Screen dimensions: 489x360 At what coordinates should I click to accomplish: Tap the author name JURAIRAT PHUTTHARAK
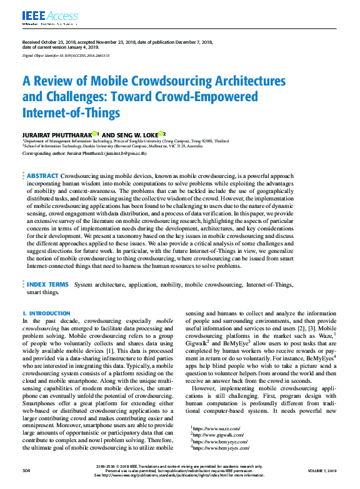(x=56, y=134)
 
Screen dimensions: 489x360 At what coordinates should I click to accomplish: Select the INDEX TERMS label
(x=47, y=284)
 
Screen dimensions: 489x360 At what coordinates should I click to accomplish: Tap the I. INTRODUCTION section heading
(x=46, y=313)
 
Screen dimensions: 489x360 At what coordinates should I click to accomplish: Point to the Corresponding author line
(x=84, y=152)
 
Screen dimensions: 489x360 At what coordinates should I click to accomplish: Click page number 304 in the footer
(x=26, y=470)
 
